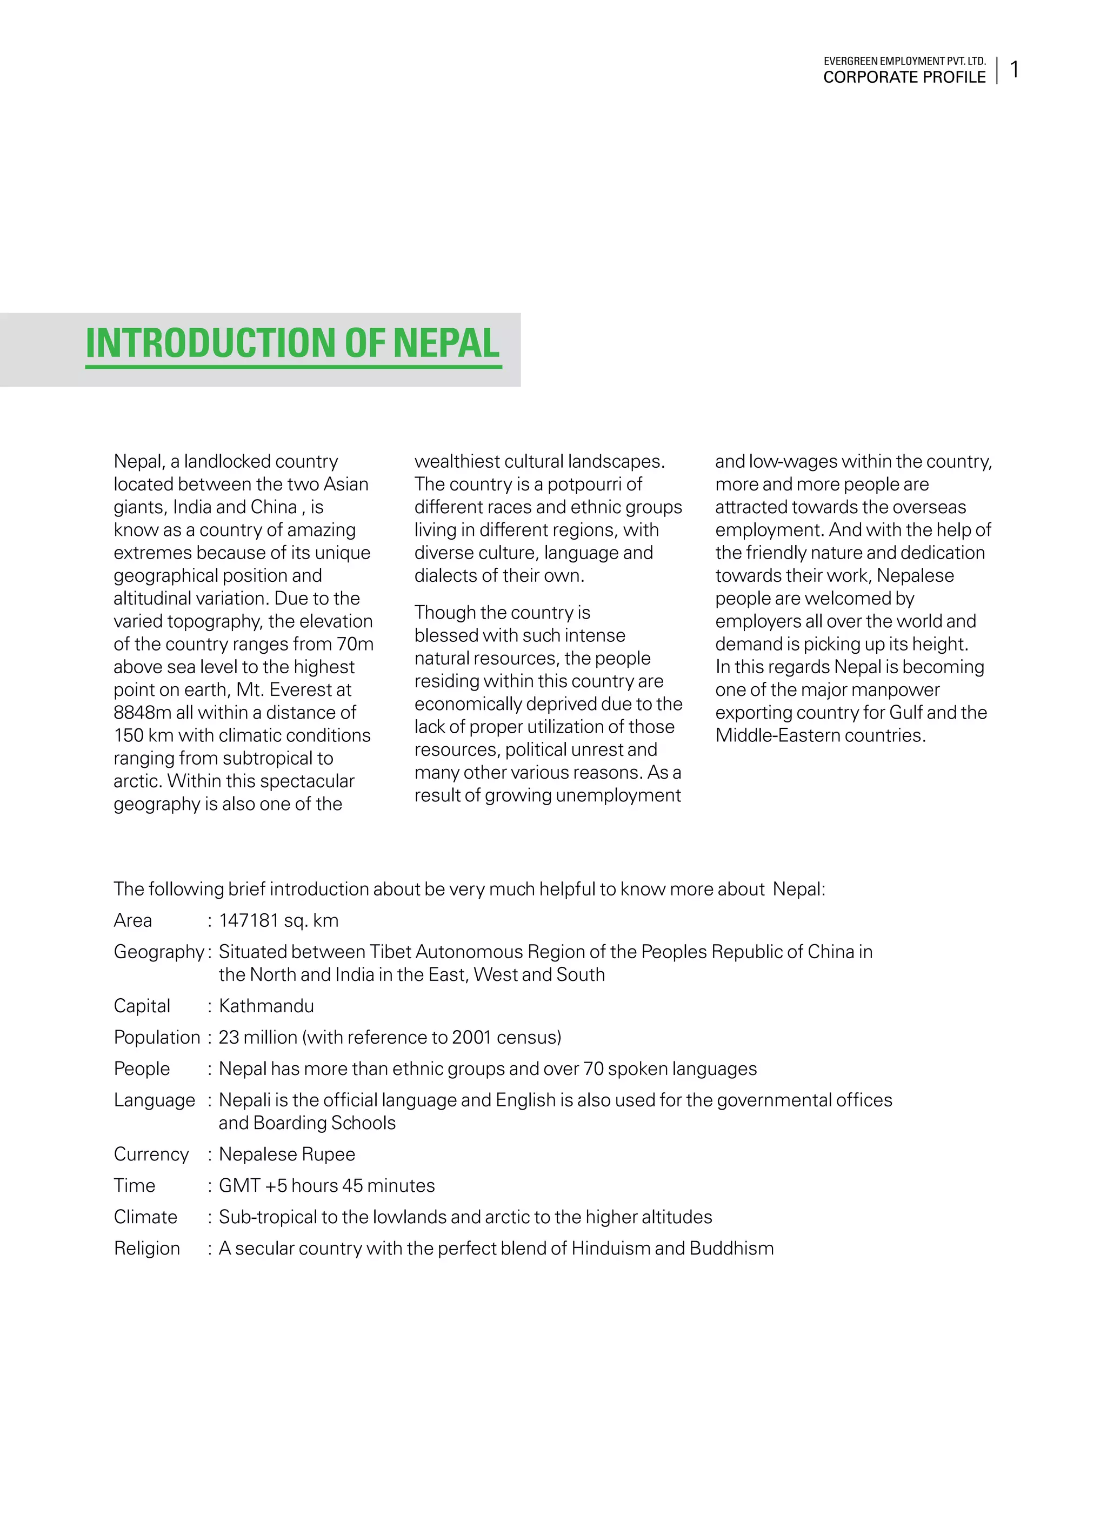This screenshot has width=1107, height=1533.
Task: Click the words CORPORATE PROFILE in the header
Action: [x=904, y=78]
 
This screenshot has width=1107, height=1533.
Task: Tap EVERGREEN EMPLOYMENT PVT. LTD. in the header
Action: [x=904, y=61]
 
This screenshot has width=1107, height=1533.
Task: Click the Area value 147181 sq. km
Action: [x=278, y=920]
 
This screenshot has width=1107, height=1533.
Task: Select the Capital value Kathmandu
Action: [x=266, y=1006]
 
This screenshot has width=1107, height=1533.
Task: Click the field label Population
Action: [x=157, y=1037]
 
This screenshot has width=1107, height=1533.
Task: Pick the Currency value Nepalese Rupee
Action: [x=286, y=1154]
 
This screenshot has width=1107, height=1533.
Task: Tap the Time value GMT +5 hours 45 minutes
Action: [x=326, y=1185]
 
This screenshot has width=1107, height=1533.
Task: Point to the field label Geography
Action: [x=159, y=952]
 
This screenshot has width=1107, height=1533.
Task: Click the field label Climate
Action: [x=145, y=1217]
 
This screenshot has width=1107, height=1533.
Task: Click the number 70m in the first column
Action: [x=355, y=644]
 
